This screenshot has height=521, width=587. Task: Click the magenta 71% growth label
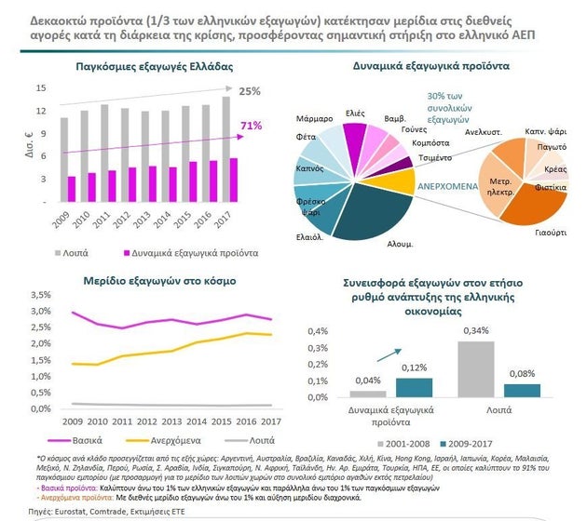tap(251, 126)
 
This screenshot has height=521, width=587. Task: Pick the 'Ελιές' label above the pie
tap(354, 113)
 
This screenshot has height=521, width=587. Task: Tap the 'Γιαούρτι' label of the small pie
tap(551, 231)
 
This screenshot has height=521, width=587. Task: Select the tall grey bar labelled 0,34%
tap(476, 368)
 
